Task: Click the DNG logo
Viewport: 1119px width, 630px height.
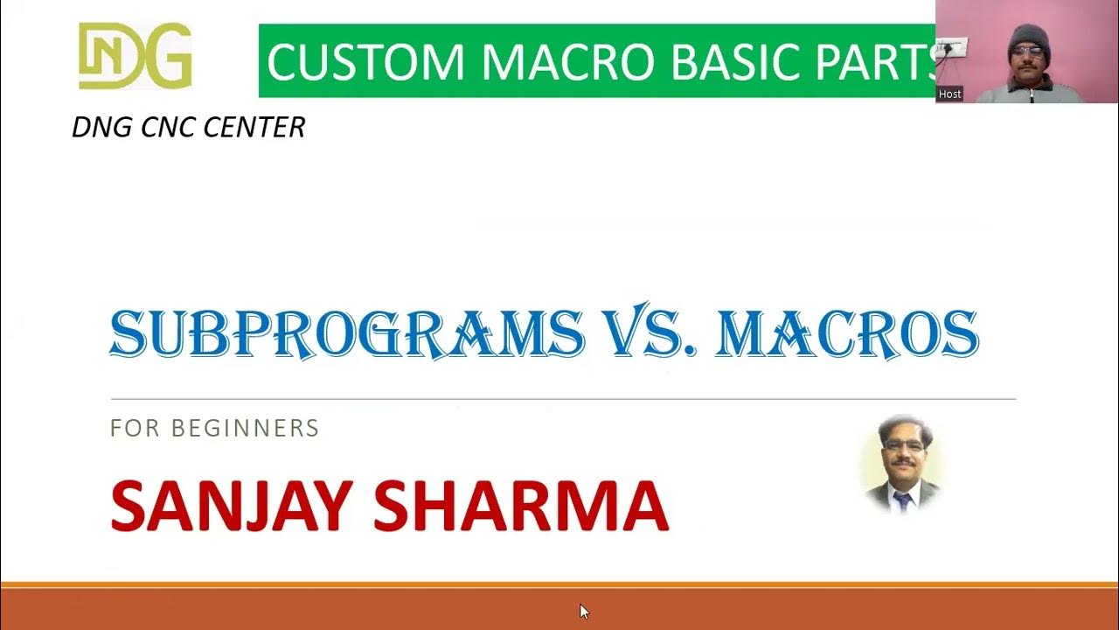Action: click(x=136, y=56)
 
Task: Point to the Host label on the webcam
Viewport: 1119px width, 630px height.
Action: click(x=949, y=94)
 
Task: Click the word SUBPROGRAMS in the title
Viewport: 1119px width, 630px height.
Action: click(x=346, y=333)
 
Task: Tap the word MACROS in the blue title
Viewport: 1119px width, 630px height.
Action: click(x=846, y=333)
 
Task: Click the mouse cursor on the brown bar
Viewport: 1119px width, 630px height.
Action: click(x=584, y=611)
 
